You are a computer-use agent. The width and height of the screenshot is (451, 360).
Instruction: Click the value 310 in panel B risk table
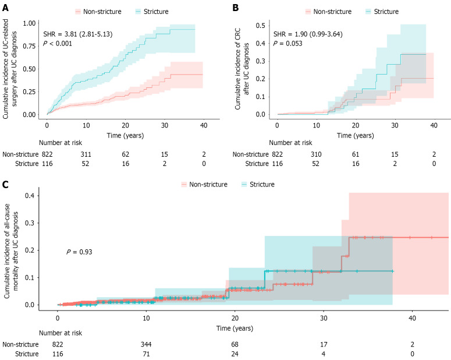pos(315,155)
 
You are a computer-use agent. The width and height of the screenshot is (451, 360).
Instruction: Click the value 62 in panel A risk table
pos(125,155)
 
